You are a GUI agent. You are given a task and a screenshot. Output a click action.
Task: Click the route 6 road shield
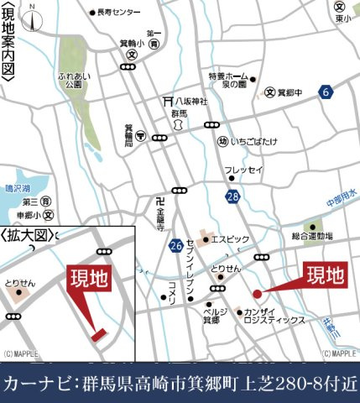[326, 92]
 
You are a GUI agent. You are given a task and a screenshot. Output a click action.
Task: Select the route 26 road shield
[175, 246]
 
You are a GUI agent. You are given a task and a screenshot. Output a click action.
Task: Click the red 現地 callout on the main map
[324, 275]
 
